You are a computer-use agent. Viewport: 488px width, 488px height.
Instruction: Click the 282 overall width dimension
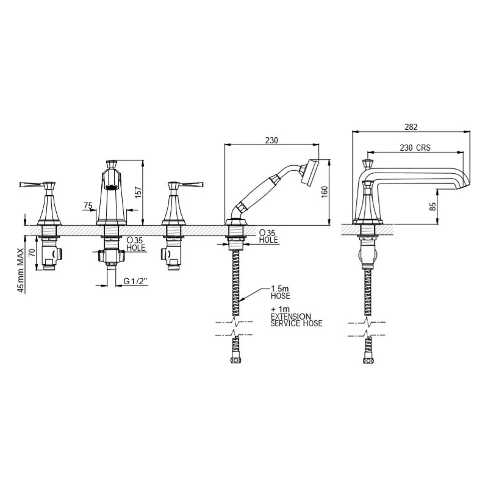[x=411, y=127]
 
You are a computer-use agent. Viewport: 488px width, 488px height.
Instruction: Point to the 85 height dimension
[x=433, y=206]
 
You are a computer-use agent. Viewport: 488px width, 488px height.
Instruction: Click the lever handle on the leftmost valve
[x=34, y=184]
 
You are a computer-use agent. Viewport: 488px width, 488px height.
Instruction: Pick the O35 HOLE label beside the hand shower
[x=268, y=236]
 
